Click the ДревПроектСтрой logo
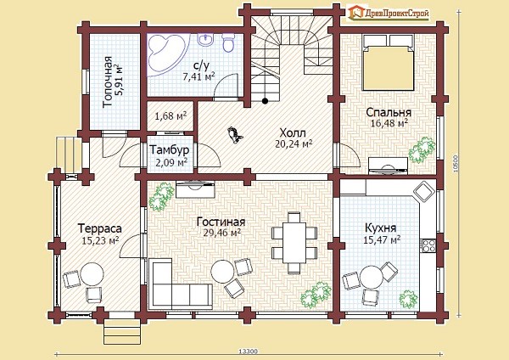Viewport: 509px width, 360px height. pyautogui.click(x=389, y=13)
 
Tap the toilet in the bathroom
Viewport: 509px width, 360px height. pyautogui.click(x=228, y=43)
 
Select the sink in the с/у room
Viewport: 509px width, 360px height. pyautogui.click(x=206, y=39)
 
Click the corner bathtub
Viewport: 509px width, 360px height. pyautogui.click(x=167, y=54)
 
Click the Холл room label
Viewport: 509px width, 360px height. pyautogui.click(x=293, y=133)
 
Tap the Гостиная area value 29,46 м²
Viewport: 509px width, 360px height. pyautogui.click(x=222, y=233)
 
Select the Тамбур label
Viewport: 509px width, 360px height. pyautogui.click(x=169, y=149)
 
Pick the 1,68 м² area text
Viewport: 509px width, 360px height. pyautogui.click(x=171, y=116)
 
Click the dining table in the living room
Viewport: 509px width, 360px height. pyautogui.click(x=294, y=243)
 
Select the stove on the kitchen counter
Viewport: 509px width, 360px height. pyautogui.click(x=428, y=245)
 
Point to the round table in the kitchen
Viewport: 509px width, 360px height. pyautogui.click(x=371, y=277)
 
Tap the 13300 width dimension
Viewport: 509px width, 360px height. pyautogui.click(x=248, y=352)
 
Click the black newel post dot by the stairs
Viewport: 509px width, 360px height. pyautogui.click(x=265, y=101)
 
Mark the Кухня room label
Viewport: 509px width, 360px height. pyautogui.click(x=380, y=228)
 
